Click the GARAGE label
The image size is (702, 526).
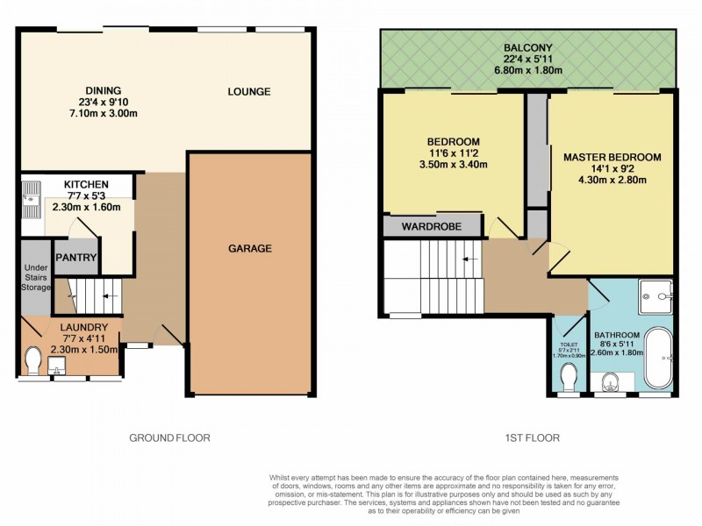[251, 249]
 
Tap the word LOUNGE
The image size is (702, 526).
[249, 92]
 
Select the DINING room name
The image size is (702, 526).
[103, 90]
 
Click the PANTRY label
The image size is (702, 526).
[75, 258]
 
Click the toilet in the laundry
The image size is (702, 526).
[34, 360]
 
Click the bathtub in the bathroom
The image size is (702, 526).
[657, 358]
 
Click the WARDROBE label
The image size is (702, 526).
[431, 226]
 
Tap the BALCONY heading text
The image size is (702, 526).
[527, 47]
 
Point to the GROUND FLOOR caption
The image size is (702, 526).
[169, 437]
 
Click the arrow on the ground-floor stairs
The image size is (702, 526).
[110, 296]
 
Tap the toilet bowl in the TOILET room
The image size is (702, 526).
[569, 378]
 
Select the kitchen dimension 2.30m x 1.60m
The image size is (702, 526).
[86, 207]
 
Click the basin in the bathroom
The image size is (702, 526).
[611, 381]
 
